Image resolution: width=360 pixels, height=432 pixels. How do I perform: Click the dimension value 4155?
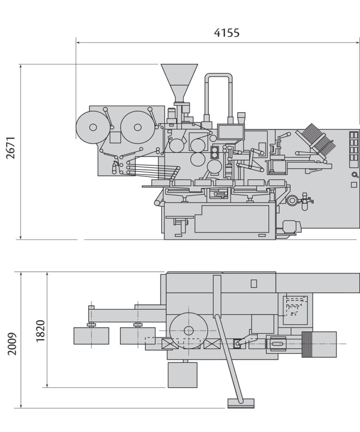227,32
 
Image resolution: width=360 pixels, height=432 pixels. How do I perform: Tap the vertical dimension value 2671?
11,147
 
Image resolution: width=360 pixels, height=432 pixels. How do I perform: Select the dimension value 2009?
12,343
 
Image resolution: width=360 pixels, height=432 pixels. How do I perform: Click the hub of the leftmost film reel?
93,127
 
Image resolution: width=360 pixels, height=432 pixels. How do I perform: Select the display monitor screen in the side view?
231,132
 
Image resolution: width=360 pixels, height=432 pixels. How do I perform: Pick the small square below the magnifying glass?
354,185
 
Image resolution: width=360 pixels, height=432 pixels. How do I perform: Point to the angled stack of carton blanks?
317,140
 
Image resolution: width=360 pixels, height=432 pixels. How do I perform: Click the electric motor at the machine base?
290,227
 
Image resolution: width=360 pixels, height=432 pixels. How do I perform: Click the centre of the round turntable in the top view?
188,330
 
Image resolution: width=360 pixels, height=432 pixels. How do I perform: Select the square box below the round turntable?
182,375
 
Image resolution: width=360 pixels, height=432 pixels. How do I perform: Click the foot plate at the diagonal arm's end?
241,403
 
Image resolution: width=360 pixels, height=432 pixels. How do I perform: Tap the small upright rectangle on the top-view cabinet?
254,283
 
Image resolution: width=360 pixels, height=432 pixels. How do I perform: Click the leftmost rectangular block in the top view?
91,336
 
